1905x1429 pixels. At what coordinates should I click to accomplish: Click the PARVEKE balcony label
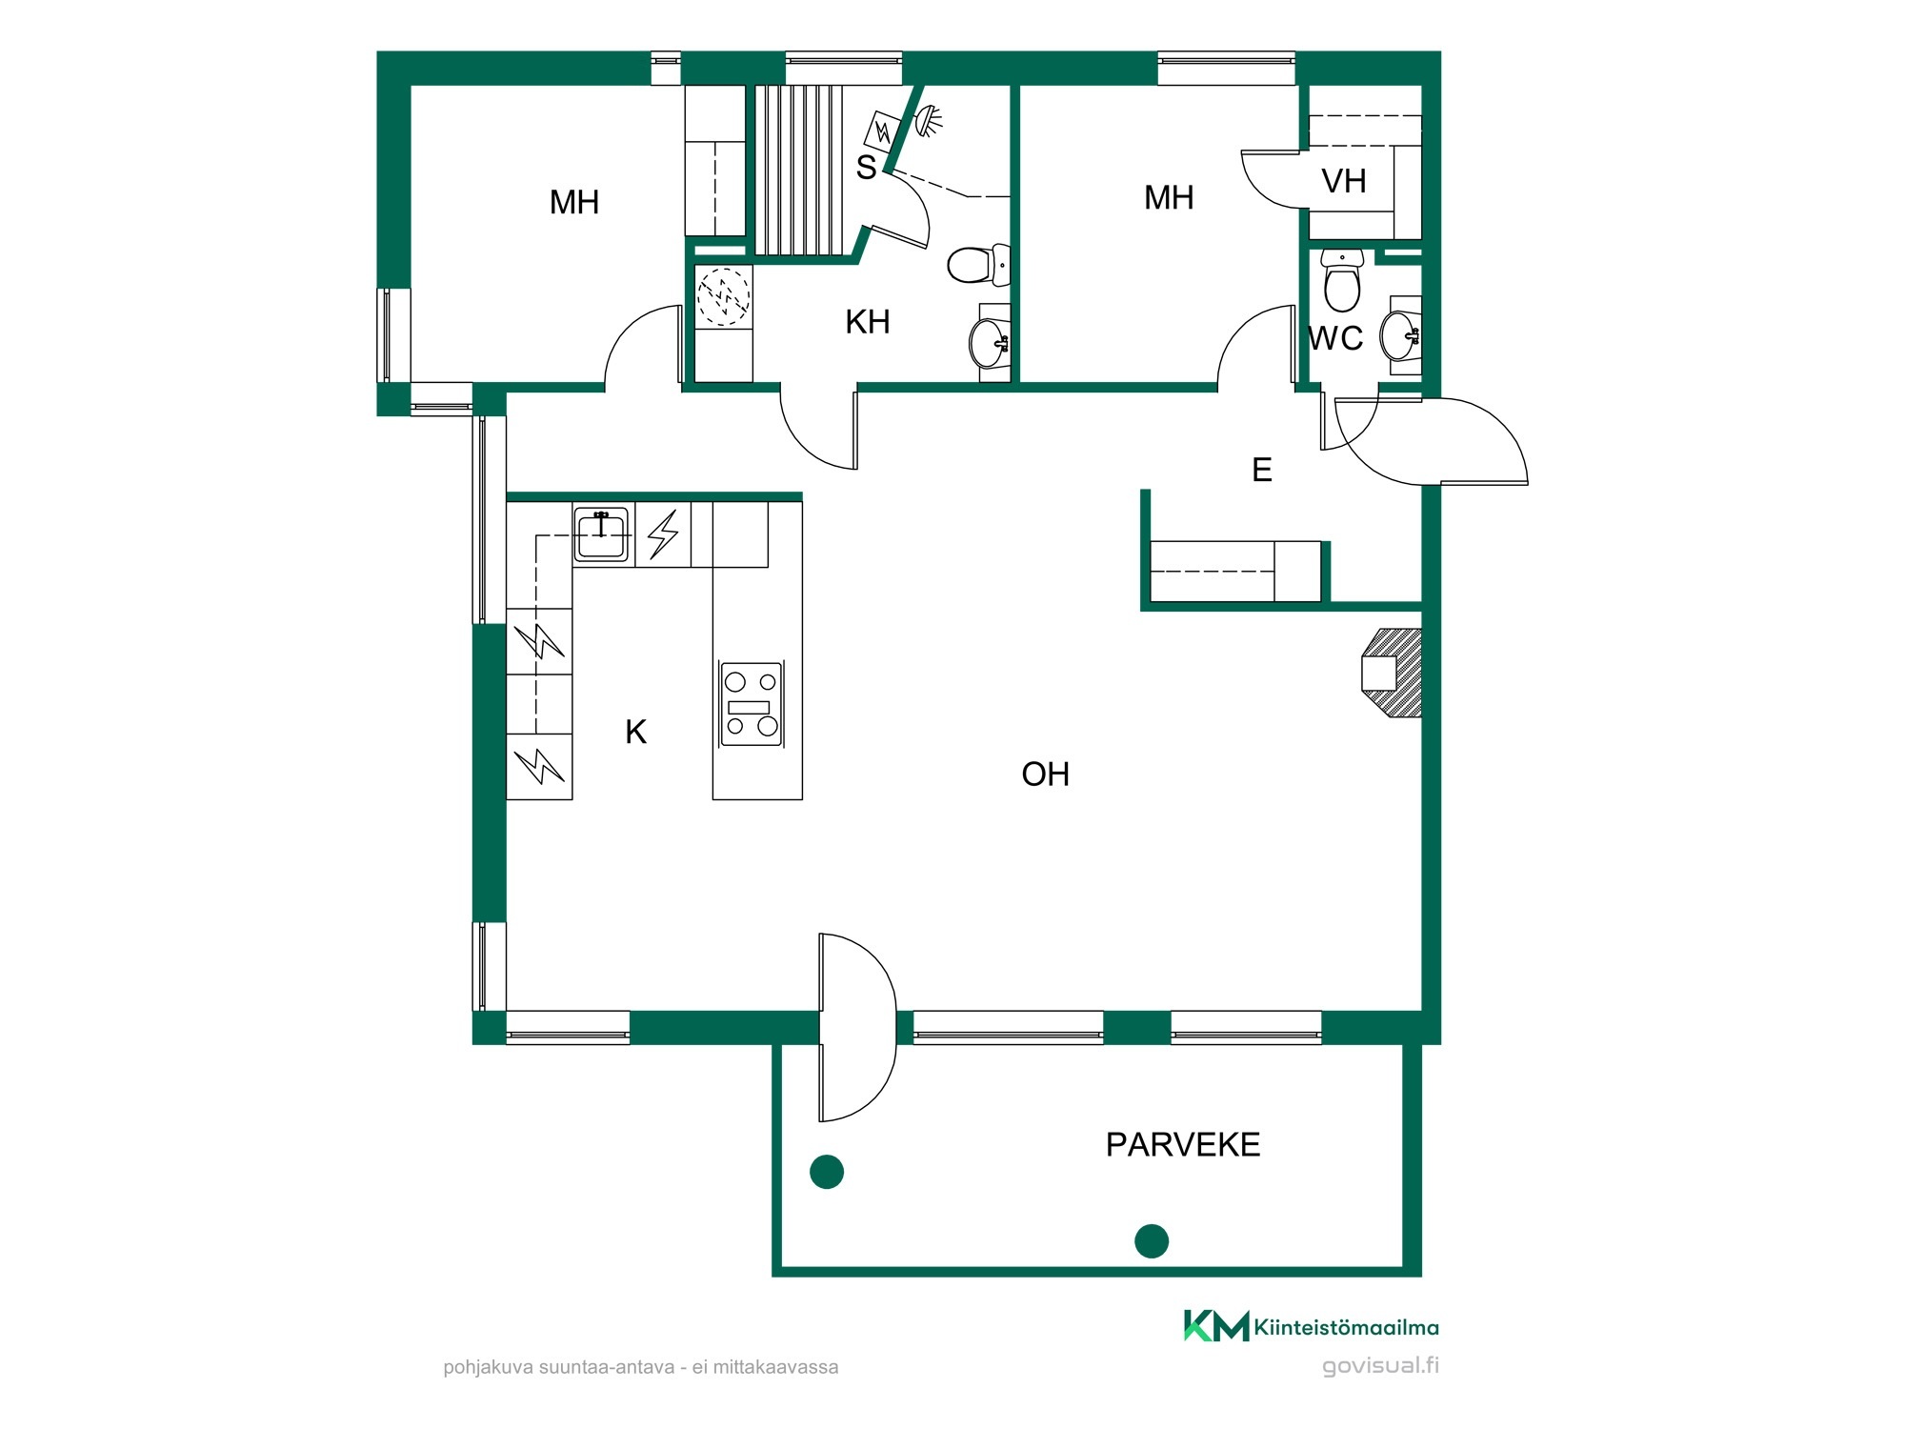point(1183,1144)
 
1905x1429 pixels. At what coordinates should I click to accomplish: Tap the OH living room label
point(1045,775)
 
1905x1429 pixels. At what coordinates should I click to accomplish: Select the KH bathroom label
point(868,322)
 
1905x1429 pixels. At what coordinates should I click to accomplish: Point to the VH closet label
point(1344,181)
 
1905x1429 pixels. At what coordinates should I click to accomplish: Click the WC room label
point(1335,338)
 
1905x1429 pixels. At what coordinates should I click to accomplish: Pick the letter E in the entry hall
point(1262,470)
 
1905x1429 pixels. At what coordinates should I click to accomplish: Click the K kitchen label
point(635,732)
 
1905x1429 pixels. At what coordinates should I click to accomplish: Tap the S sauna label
point(866,168)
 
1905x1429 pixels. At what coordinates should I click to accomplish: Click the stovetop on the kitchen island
point(752,704)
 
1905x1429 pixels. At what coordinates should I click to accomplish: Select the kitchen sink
point(602,534)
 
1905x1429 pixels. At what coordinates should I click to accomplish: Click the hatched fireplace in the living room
point(1393,673)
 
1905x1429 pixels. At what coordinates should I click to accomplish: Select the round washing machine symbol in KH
point(724,297)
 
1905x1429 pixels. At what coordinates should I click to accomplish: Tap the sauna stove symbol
point(883,131)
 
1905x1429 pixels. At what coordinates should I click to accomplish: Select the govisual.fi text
point(1380,1366)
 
